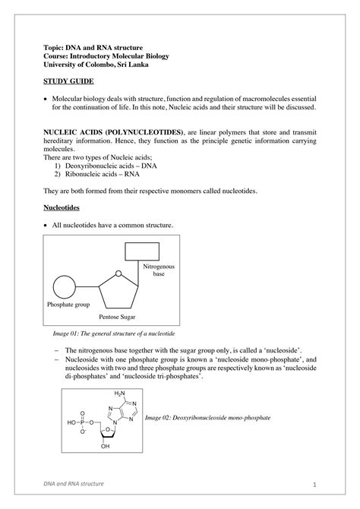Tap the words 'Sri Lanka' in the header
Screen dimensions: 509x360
point(142,65)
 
